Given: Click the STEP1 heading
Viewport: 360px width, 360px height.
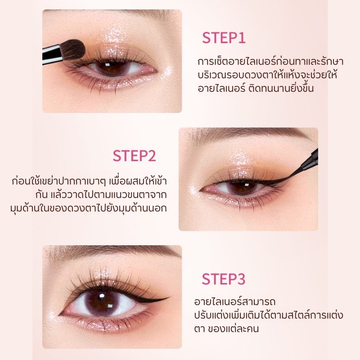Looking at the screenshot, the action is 224,38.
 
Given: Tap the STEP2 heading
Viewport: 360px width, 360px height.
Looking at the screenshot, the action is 134,156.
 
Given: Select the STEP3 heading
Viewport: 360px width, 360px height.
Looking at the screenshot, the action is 224,279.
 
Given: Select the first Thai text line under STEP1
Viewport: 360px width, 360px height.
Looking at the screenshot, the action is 270,62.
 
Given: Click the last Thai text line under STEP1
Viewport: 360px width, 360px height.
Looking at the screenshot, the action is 256,88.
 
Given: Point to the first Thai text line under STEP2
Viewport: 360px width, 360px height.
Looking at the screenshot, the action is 89,181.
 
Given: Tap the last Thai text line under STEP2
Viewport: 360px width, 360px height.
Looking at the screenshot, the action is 89,208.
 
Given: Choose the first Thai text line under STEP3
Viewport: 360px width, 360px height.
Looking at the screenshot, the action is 234,301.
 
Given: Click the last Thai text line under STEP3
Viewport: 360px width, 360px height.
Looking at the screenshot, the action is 226,328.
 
